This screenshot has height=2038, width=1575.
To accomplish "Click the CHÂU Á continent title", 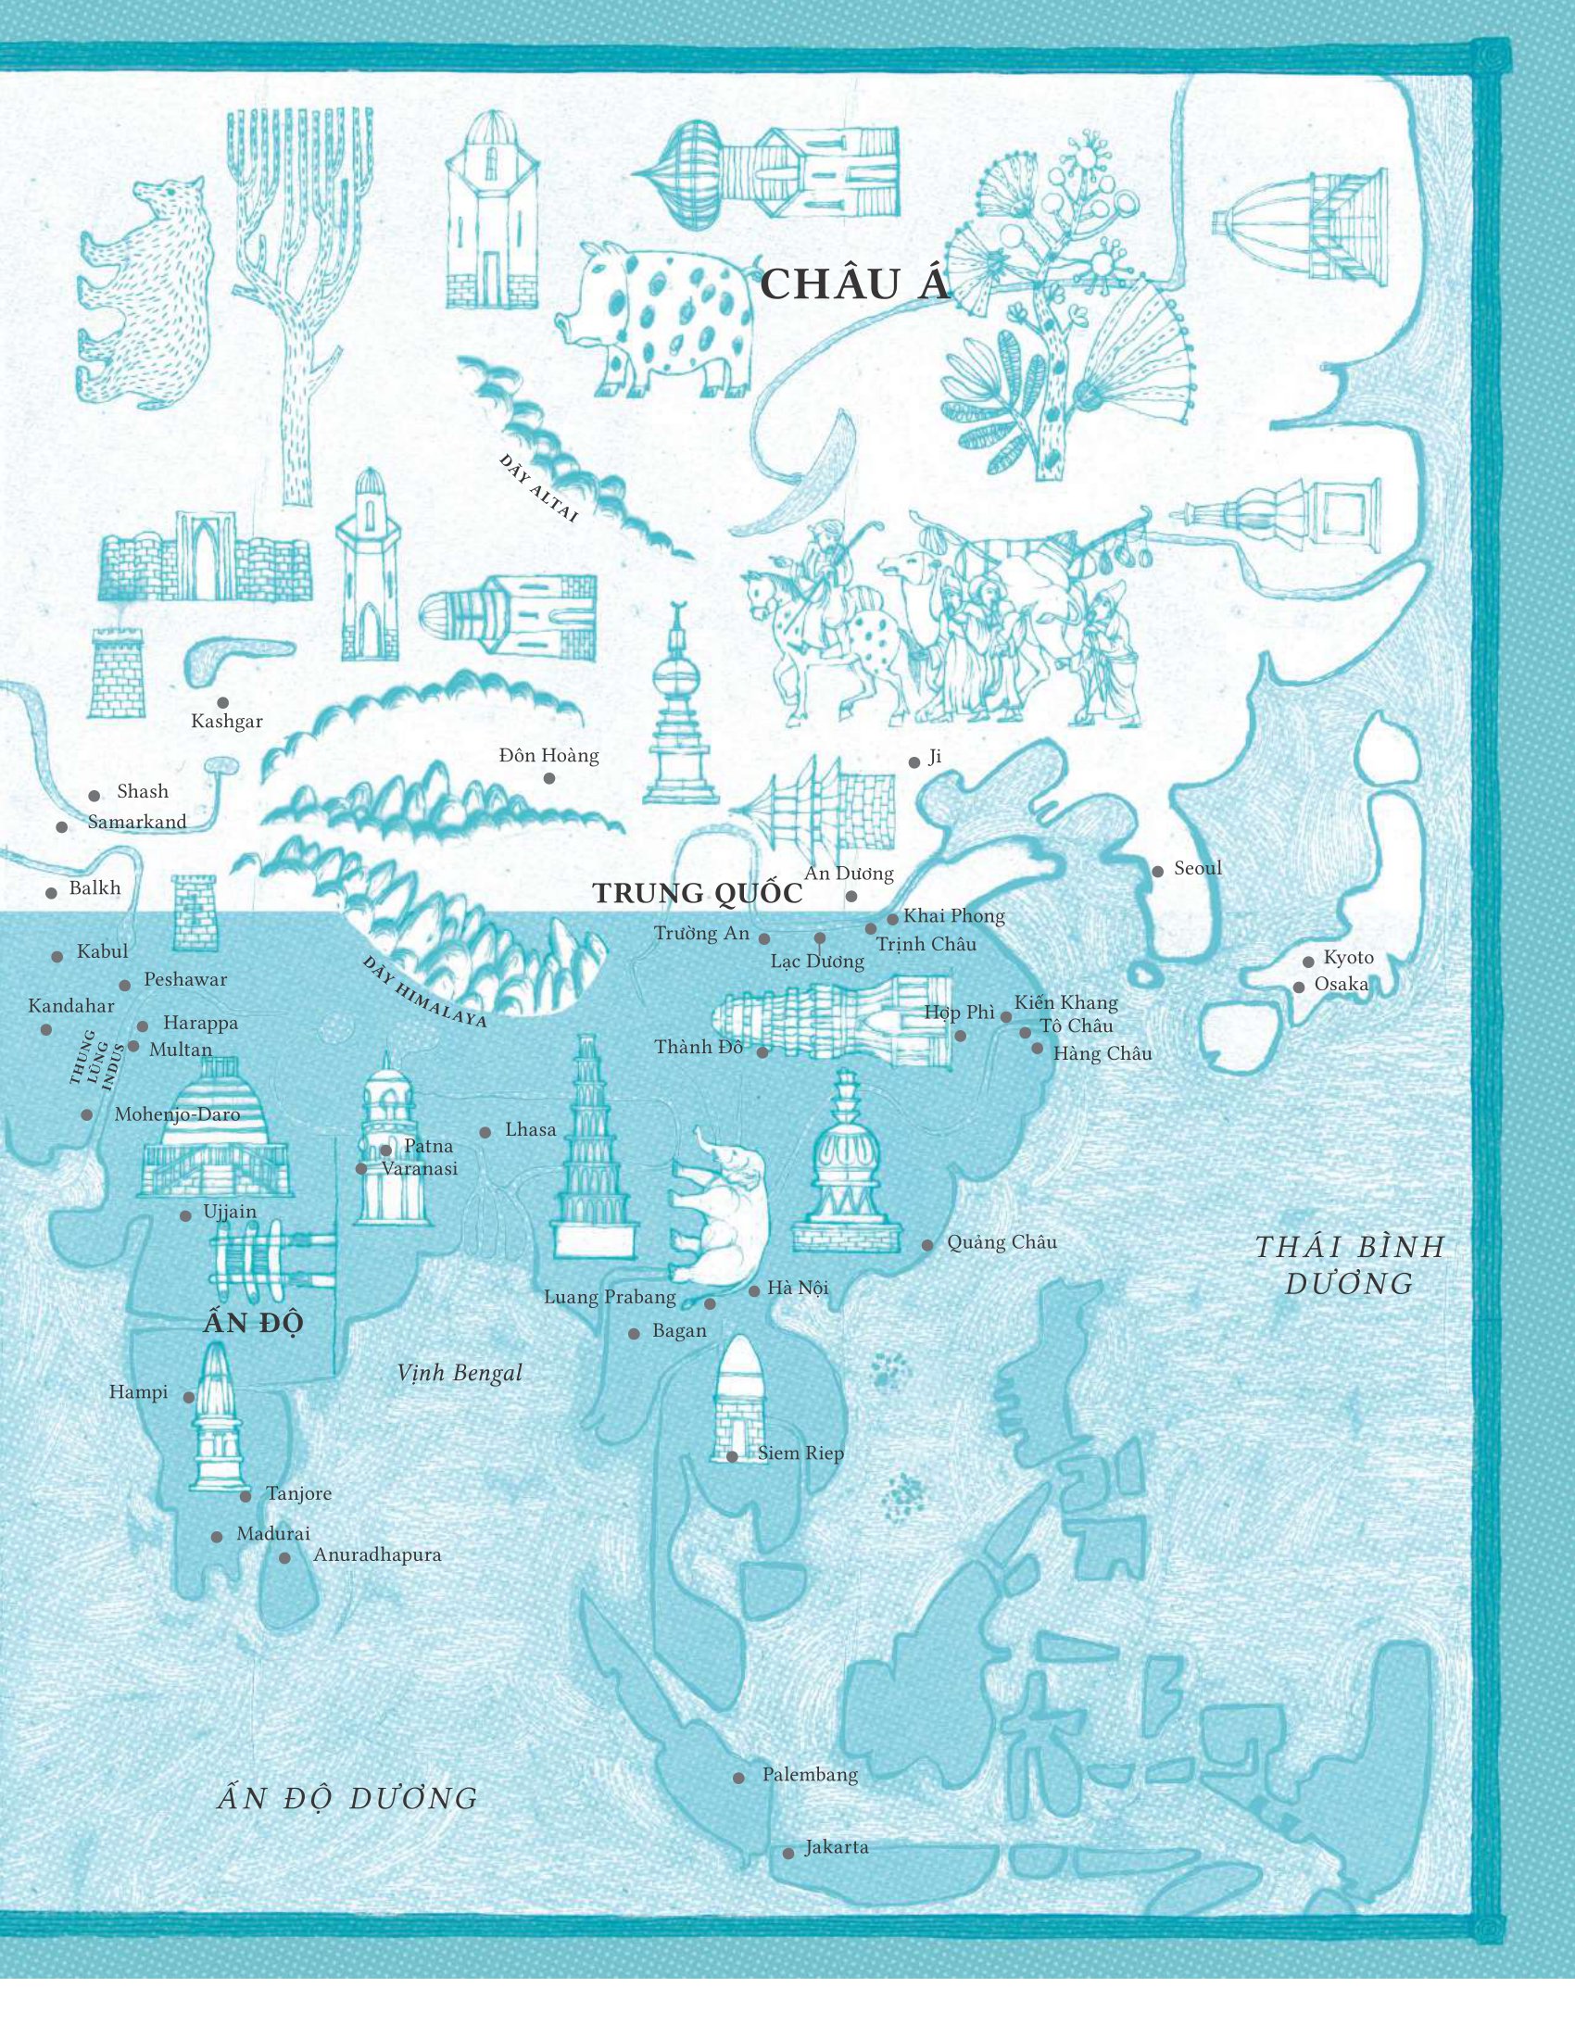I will point(855,283).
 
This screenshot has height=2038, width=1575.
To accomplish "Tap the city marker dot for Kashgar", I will point(223,703).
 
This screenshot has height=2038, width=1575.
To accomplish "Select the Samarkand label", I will point(137,822).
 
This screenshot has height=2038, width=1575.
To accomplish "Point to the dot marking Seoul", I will point(1158,872).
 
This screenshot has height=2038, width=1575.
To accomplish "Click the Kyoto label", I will point(1348,958).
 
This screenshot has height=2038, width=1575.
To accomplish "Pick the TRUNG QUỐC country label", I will point(698,894).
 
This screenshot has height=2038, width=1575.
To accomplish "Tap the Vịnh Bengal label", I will point(459,1373).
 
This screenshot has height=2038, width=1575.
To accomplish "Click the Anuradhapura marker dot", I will point(284,1558).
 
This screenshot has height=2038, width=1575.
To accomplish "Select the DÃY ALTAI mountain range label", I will point(538,489).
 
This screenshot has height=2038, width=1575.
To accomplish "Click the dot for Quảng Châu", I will point(927,1246).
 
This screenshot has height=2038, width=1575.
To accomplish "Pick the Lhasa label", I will point(530,1130).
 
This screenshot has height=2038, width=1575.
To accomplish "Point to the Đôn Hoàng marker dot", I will point(549,778).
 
